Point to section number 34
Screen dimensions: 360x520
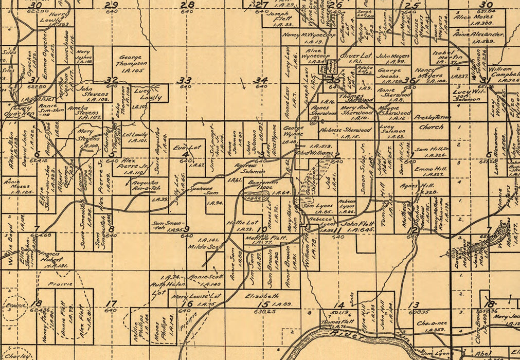[x=261, y=80]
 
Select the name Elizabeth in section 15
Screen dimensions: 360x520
[x=262, y=296]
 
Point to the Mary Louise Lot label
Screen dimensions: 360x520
[x=197, y=297]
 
